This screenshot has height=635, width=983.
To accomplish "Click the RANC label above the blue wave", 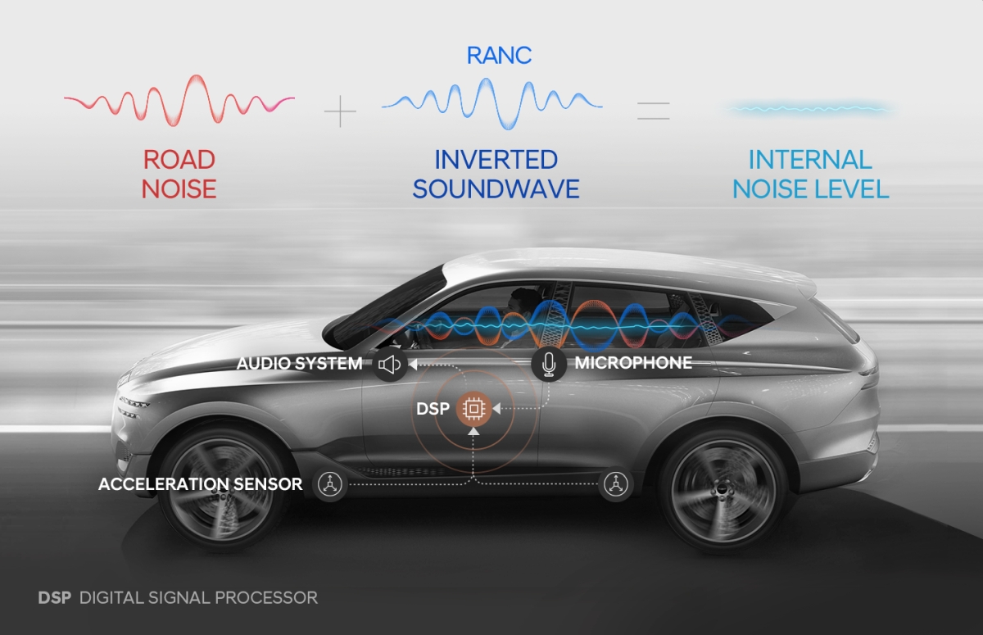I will point(499,55).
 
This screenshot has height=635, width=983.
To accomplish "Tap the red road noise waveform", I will point(180,101).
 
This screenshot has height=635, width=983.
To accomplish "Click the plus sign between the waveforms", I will point(340,111).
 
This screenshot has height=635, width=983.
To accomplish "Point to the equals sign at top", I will point(653,111).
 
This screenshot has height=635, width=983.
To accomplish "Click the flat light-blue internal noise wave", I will point(809,108).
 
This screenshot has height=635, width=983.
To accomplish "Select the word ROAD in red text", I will point(179,159).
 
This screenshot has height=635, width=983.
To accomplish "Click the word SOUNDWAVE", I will point(496,189).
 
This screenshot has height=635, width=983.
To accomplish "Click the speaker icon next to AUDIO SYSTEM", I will point(390,364).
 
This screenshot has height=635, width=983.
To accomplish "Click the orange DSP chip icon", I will point(473,408).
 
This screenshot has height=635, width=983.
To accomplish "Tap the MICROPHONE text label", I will point(633,363).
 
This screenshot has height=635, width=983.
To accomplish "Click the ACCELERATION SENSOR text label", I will point(200,484).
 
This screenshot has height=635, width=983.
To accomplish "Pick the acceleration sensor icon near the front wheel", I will point(330,484).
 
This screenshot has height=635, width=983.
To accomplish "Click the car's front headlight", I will point(135,402).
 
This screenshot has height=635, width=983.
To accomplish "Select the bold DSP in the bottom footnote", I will point(54,597).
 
